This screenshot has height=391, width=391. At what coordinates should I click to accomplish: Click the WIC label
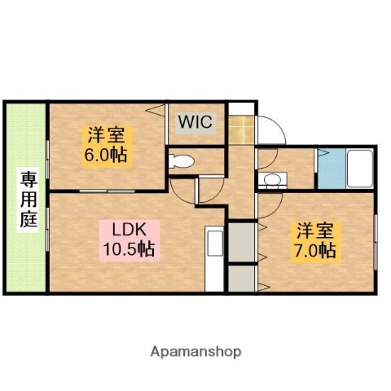[x=195, y=123]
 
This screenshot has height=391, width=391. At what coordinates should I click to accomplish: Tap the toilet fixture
[x=182, y=160]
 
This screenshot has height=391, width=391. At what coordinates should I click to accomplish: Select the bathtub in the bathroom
[x=359, y=169]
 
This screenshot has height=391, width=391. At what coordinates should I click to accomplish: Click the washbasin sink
[x=272, y=179]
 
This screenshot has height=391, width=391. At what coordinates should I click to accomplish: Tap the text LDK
[x=129, y=230]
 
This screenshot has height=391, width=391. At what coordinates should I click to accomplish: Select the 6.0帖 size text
[x=107, y=154]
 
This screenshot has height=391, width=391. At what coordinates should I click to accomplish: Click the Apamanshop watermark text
[x=195, y=352]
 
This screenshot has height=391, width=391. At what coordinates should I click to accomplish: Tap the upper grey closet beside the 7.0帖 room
[x=241, y=242]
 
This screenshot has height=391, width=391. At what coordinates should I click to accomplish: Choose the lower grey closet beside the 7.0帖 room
[x=241, y=279]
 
